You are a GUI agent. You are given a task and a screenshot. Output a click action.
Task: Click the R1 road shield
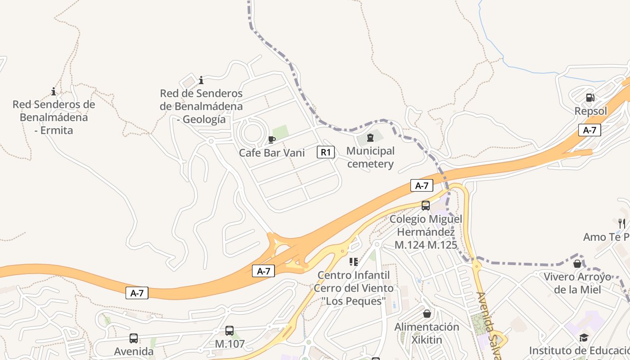pos(326,152)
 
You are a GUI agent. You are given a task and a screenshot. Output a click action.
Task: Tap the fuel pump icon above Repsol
pos(590,97)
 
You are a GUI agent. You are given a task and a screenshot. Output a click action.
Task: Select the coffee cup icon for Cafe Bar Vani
pos(271,139)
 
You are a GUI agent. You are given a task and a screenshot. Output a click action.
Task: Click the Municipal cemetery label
pos(370,157)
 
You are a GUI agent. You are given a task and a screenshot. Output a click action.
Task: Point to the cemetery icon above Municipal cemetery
pos(370,137)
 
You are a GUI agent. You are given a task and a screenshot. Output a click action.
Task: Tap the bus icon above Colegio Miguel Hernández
pos(426,206)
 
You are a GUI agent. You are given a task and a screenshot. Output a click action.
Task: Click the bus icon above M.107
pos(229,331)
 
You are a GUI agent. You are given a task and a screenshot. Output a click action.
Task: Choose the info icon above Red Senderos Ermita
pos(54,91)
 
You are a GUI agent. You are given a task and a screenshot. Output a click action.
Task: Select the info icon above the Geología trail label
pos(201,81)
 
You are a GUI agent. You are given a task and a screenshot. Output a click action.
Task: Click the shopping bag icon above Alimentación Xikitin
pos(427,313)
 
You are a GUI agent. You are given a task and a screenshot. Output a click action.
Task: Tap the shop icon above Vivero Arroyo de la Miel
pos(577,263)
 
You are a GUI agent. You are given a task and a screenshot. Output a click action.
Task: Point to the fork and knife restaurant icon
pos(622,223)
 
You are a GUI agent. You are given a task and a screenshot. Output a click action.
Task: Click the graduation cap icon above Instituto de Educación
pos(584,337)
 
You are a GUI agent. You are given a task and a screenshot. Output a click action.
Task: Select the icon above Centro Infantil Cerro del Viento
pos(353,261)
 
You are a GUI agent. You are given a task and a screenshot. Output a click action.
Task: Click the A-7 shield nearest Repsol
pos(589,130)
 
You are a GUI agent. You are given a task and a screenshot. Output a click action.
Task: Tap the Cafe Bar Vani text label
pos(272,153)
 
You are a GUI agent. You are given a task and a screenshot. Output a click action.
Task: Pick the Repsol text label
pos(591,111)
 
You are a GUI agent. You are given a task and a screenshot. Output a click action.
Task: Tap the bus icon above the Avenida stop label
pos(134,338)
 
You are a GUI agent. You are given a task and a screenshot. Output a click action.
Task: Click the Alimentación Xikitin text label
pos(427,333)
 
